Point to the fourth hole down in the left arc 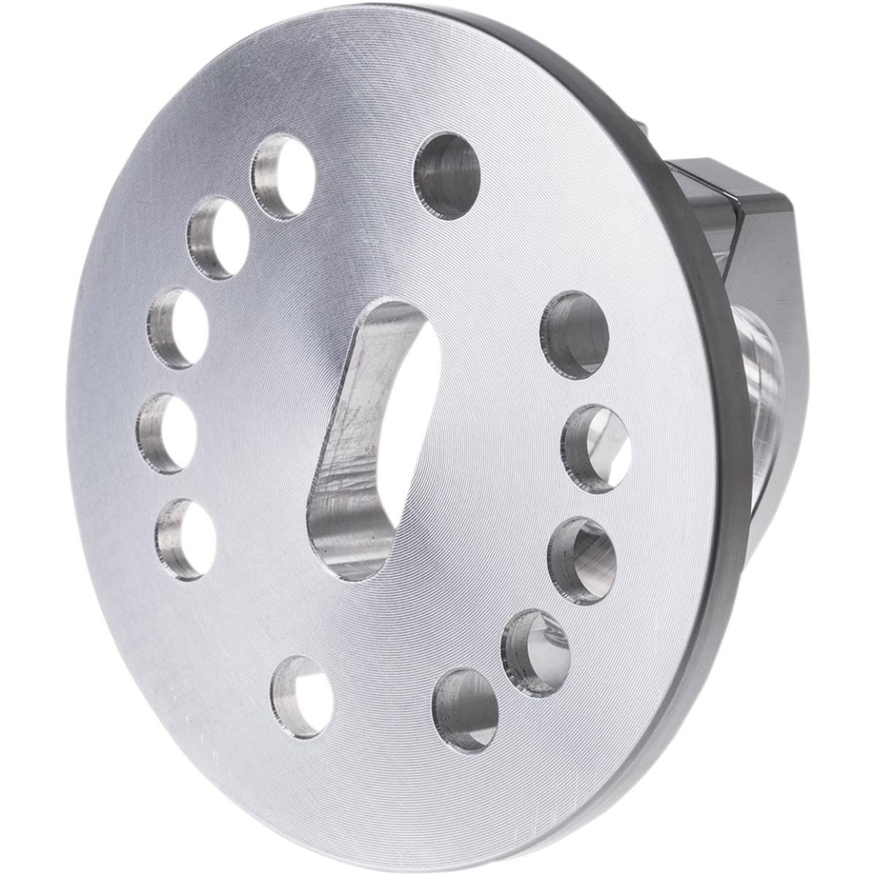tap(167, 433)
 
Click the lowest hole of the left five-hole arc tap(186, 539)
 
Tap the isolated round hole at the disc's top tap(447, 176)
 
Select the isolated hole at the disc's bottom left tap(301, 696)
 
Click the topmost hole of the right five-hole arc tap(575, 335)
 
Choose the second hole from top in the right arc tap(596, 448)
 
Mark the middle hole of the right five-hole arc tap(583, 561)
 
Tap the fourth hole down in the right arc tap(536, 653)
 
